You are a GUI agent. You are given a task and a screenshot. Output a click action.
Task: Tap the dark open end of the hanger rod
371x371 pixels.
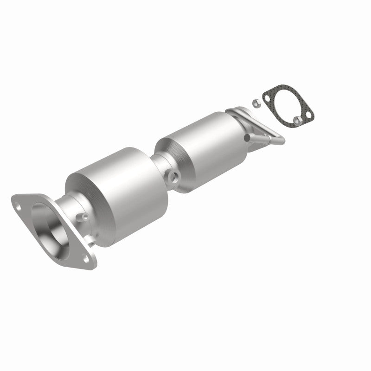[246, 137]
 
